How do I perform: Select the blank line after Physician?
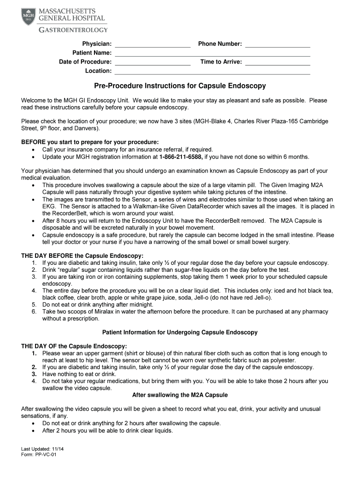coord(152,44)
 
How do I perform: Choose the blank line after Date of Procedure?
coord(152,62)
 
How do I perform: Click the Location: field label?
coord(98,71)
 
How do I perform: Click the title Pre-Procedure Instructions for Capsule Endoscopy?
coord(180,86)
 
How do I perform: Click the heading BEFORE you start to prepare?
coord(90,142)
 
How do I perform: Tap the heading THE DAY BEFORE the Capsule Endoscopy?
coord(82,256)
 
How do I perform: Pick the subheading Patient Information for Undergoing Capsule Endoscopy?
coord(180,333)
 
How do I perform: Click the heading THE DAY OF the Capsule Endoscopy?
coord(74,346)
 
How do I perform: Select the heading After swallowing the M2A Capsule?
coord(180,395)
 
